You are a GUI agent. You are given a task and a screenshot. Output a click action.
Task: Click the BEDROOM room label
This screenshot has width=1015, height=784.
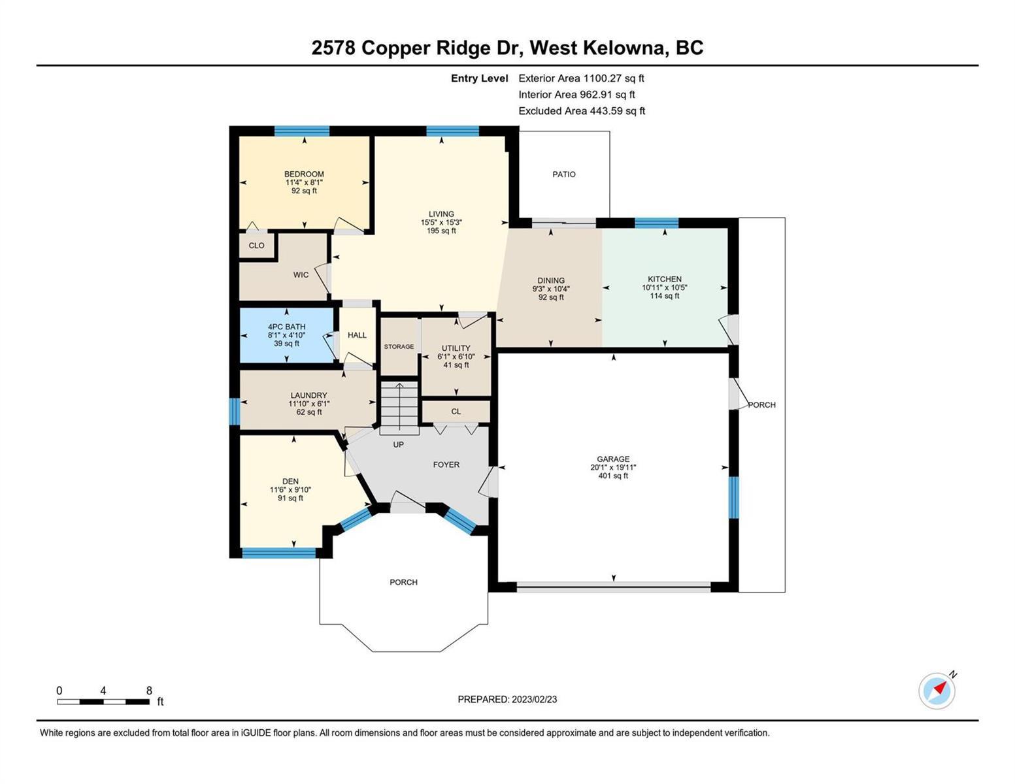coord(304,174)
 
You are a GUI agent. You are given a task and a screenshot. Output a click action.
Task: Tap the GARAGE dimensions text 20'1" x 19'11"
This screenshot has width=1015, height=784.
coord(613,467)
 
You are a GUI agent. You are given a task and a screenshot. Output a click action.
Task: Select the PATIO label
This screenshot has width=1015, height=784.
coord(564,174)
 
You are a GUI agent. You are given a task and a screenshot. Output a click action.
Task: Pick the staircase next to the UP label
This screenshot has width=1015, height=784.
coord(399,407)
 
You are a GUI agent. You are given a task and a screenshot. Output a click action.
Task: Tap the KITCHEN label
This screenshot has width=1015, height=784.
coord(665,279)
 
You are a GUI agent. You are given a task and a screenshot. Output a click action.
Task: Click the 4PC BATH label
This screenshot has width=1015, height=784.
coord(286,327)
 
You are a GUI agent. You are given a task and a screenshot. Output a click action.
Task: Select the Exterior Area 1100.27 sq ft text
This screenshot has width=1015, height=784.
coord(582,78)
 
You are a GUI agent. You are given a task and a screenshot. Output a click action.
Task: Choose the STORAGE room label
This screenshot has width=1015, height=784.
coord(399,346)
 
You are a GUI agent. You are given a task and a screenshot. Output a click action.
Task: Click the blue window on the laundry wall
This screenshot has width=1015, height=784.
coord(235,412)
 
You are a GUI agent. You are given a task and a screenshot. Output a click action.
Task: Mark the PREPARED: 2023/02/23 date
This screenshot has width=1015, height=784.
coord(507,700)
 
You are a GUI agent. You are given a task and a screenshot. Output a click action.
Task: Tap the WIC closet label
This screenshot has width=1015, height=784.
coord(301,274)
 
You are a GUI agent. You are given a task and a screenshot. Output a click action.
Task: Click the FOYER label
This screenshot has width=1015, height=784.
coord(446,465)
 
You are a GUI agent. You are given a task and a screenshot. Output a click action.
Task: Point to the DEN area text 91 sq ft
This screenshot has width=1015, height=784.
coord(291,498)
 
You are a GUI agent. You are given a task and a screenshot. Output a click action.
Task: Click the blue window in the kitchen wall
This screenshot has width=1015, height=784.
coord(656,223)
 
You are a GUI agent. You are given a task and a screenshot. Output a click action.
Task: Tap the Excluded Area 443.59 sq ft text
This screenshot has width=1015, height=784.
coord(582,111)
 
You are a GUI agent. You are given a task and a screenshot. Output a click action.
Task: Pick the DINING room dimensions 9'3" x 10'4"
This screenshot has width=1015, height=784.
coord(551,289)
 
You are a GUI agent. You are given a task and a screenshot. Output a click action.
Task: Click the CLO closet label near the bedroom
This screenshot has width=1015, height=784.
coord(256,246)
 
